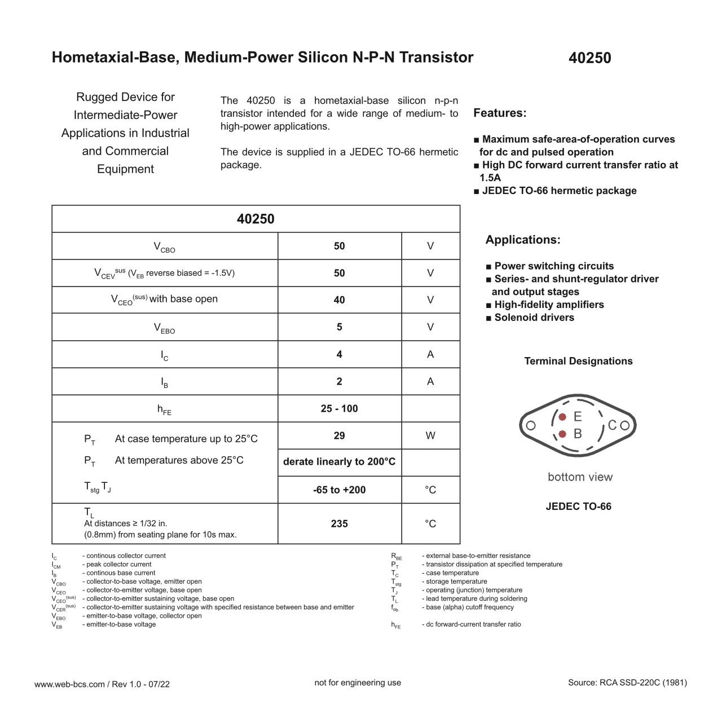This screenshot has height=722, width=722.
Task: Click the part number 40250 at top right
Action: click(x=589, y=58)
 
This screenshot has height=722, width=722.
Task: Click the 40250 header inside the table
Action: click(x=256, y=219)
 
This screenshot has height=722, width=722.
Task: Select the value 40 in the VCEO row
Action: click(x=339, y=300)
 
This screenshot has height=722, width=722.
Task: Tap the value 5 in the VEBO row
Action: click(x=339, y=327)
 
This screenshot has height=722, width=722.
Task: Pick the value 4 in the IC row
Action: click(x=339, y=354)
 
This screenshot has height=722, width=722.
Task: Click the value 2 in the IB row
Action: click(x=339, y=381)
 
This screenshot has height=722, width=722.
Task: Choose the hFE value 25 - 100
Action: click(x=339, y=408)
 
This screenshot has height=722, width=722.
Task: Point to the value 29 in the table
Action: click(x=339, y=435)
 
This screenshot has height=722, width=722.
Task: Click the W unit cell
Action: click(x=430, y=435)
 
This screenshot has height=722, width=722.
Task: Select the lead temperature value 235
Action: click(x=339, y=523)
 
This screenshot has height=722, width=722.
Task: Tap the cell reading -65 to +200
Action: click(x=339, y=490)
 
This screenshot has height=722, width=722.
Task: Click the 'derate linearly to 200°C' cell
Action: click(x=339, y=461)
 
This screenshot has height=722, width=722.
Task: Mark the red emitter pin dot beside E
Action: click(x=562, y=417)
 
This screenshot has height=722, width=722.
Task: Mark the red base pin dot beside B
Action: click(x=562, y=434)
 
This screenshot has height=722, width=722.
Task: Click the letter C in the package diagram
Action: click(x=612, y=425)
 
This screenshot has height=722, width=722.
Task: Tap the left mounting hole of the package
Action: click(x=530, y=425)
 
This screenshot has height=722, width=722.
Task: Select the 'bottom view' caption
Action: click(x=580, y=477)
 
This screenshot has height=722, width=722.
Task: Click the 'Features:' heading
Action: click(x=500, y=113)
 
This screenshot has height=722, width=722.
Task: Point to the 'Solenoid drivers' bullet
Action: click(x=534, y=318)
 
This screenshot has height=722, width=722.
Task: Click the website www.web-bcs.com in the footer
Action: click(x=69, y=684)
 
